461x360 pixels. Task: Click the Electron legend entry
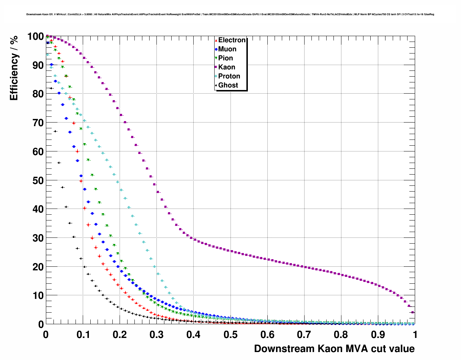[232, 40]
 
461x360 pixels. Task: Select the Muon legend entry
[227, 49]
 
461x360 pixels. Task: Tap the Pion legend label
[225, 58]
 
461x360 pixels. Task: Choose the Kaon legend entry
[227, 67]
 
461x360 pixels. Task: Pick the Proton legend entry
[229, 76]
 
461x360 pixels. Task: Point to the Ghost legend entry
[228, 85]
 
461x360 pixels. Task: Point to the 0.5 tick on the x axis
[231, 335]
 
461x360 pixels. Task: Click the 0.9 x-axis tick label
[378, 335]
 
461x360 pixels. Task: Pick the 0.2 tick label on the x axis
[120, 335]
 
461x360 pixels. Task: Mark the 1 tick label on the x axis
[415, 335]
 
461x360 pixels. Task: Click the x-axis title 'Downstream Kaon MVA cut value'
[334, 349]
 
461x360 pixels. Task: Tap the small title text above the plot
[230, 14]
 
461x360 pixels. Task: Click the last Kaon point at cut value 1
[413, 312]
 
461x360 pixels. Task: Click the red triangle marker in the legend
[216, 40]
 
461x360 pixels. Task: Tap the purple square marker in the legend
[216, 67]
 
